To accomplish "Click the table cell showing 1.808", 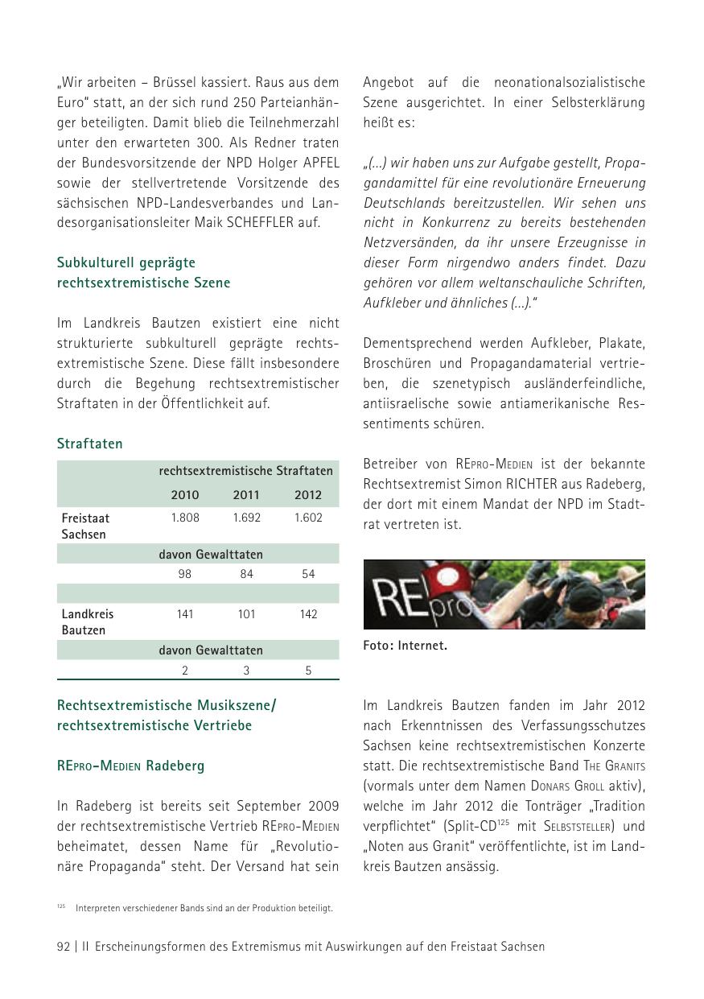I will (185, 518).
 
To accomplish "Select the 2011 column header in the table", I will (246, 495).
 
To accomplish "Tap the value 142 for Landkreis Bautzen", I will (308, 614).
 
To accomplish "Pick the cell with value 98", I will (185, 574).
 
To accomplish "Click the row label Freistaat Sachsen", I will (85, 526).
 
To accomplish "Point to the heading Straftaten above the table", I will (89, 444).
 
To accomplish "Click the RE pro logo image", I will (504, 594).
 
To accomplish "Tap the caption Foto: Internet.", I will (405, 645).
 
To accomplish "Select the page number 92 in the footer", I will (64, 947).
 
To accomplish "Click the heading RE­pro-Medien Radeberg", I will (130, 766).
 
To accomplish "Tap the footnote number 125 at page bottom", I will (61, 906).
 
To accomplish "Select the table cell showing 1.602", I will (308, 518).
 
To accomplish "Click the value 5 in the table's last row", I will (308, 671).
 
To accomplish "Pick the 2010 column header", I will (185, 495).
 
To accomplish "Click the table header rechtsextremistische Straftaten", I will (245, 471).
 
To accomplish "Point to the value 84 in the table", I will (246, 574).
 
